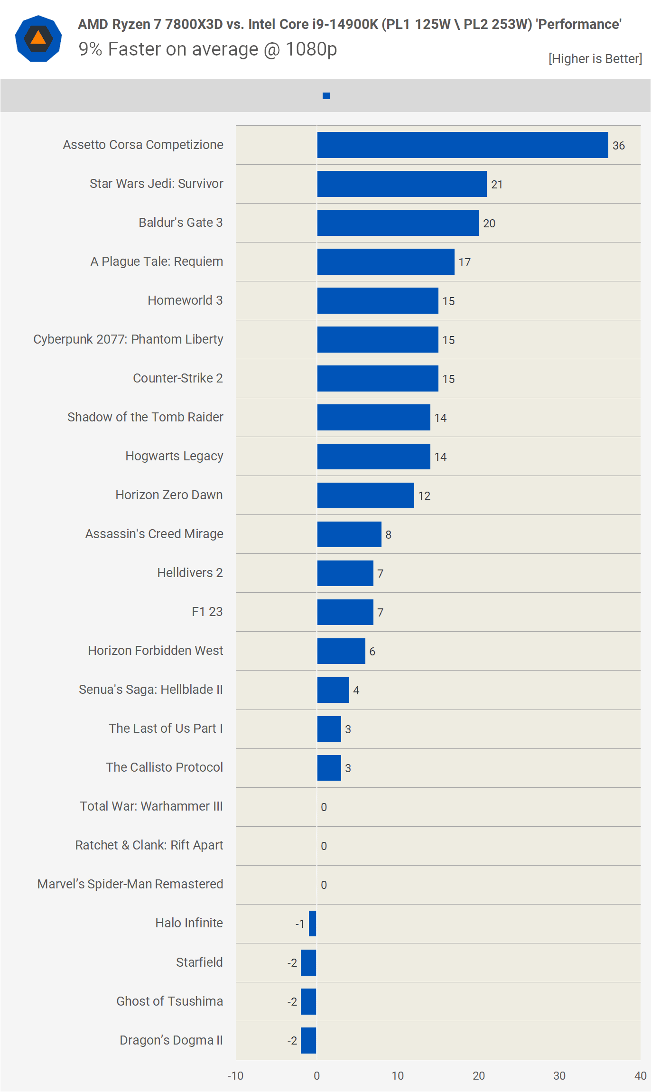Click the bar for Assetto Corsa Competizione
click(463, 145)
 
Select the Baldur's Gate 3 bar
click(398, 223)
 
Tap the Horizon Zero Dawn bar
click(365, 495)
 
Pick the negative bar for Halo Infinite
click(312, 923)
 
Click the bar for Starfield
click(308, 962)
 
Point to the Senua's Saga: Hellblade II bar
click(333, 690)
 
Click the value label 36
click(618, 146)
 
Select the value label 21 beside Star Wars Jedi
click(497, 185)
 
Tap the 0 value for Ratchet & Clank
click(324, 846)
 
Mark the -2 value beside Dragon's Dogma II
click(292, 1040)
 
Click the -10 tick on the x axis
click(235, 1075)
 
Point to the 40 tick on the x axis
click(640, 1075)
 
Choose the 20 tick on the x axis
click(478, 1075)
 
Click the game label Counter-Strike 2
click(177, 378)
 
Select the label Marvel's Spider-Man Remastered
click(130, 884)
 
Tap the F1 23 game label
click(207, 612)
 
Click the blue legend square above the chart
click(326, 96)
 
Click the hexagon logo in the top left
click(38, 38)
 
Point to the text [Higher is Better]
click(595, 58)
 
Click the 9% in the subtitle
click(90, 49)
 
